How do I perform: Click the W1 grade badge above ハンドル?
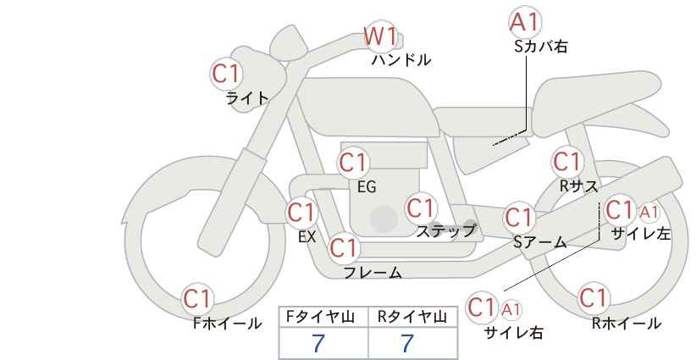click(x=380, y=36)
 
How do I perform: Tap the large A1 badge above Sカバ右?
click(x=526, y=22)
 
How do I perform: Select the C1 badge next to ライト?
click(x=227, y=74)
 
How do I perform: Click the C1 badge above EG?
click(x=354, y=162)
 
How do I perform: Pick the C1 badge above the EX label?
click(x=301, y=212)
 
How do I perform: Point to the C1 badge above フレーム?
click(x=344, y=248)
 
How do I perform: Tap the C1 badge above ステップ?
click(x=421, y=208)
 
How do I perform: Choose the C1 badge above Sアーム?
click(x=519, y=217)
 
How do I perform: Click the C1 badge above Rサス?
click(x=566, y=161)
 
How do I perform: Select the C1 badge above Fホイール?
click(x=198, y=298)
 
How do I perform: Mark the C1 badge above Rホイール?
click(x=593, y=298)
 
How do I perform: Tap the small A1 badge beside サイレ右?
click(x=512, y=308)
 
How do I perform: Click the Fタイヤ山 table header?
click(x=323, y=317)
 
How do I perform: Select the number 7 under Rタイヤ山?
click(x=407, y=344)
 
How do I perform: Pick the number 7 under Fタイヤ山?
click(x=318, y=344)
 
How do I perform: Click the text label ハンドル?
click(x=401, y=60)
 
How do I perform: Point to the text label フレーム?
click(x=373, y=273)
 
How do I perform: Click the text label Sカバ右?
click(x=540, y=47)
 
